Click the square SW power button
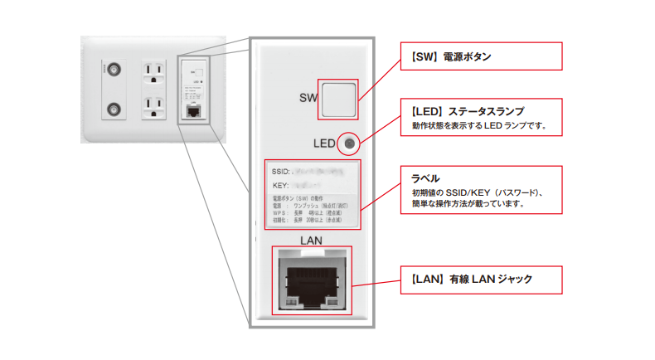338,100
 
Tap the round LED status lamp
349,144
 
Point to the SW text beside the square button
308,99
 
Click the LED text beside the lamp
324,144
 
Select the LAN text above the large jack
309,240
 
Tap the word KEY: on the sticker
280,186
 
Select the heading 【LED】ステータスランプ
468,110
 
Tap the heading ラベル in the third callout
426,178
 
